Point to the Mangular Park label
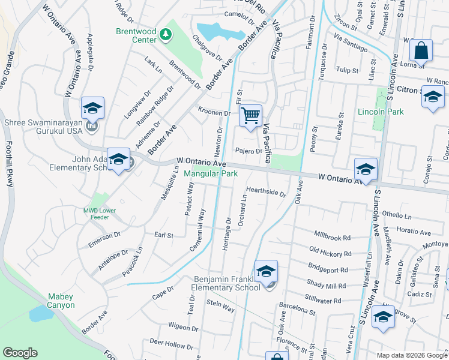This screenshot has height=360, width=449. click(x=211, y=174)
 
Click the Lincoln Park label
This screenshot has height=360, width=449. click(x=381, y=112)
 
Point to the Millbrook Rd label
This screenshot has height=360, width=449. click(x=332, y=235)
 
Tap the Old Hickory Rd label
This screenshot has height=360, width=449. click(x=328, y=253)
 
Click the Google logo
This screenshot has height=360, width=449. click(x=20, y=353)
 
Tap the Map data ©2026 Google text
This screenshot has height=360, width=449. click(x=412, y=355)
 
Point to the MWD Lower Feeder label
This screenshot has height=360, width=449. click(x=97, y=214)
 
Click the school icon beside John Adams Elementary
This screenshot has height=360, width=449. click(x=118, y=160)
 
